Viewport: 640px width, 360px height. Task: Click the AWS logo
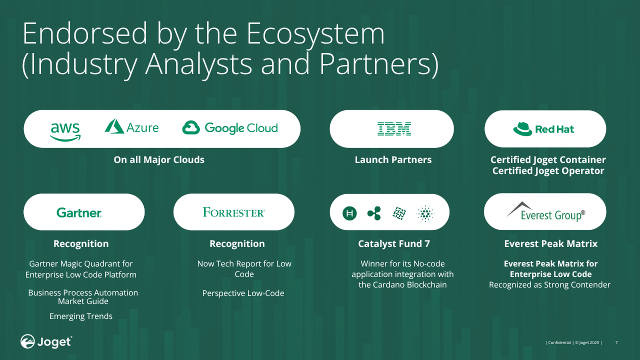(x=65, y=131)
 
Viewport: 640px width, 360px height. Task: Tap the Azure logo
(x=131, y=126)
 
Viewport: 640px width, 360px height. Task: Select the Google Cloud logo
(x=230, y=127)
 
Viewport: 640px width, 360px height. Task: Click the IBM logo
(x=394, y=128)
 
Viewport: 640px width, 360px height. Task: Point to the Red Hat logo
(x=543, y=129)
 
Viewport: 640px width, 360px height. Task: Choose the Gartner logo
(x=79, y=212)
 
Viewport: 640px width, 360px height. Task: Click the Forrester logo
(x=233, y=212)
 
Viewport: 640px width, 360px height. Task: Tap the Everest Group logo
(x=545, y=211)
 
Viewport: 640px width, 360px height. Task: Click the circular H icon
(x=349, y=213)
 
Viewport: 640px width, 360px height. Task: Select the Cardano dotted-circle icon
(x=425, y=213)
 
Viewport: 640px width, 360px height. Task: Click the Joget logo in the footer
(x=46, y=341)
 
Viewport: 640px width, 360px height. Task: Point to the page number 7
(x=616, y=342)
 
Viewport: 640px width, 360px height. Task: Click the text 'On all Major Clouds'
(x=159, y=159)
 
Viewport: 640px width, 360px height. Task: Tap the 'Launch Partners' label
(x=393, y=159)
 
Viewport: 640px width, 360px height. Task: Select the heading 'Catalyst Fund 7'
(x=394, y=243)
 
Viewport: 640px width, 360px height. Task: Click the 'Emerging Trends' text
(x=81, y=316)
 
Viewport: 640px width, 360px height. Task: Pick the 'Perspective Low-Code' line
(x=243, y=293)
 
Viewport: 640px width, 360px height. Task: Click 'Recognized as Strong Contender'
(x=549, y=285)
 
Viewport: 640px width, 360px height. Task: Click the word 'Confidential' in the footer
(x=559, y=342)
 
